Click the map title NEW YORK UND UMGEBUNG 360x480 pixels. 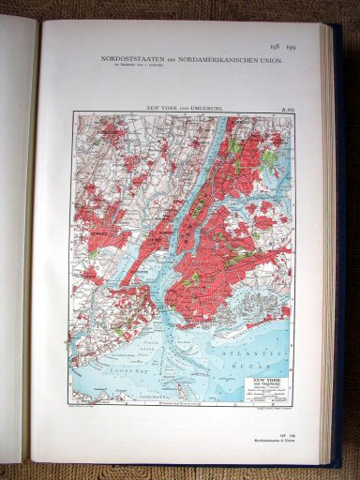click(x=181, y=110)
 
